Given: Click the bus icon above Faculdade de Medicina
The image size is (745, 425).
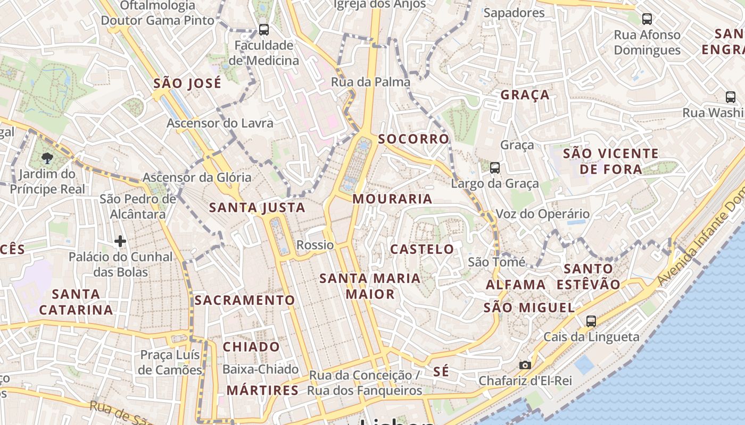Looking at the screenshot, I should [263, 30].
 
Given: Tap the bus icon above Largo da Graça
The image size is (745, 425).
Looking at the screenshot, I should [495, 168].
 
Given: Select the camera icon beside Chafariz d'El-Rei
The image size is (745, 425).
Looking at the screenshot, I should [525, 365].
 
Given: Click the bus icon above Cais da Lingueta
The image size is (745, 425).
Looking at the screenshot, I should [591, 321].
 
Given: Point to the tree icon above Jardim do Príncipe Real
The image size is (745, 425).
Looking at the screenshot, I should [47, 158].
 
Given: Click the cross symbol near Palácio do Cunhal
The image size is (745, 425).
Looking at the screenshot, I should [120, 241].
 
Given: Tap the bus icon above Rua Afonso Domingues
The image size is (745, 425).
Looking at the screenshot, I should [647, 19].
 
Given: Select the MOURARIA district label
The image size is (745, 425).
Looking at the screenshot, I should [392, 199].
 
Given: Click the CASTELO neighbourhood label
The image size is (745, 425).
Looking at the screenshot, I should [422, 249].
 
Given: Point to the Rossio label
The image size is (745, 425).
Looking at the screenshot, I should [315, 245].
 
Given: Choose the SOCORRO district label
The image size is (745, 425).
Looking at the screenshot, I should [413, 139].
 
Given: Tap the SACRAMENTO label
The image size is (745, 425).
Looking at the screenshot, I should [244, 300].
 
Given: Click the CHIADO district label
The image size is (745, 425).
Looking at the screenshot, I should [251, 347].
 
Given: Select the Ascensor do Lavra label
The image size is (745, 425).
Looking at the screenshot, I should [220, 123].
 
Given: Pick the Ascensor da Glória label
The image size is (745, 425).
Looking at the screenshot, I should [197, 177].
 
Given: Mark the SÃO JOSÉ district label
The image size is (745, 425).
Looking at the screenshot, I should [187, 83].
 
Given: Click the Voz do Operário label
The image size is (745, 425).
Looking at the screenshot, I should [542, 214].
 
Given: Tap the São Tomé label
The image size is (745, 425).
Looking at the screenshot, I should [496, 262].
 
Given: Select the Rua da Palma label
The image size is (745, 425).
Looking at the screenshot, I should [370, 82].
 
